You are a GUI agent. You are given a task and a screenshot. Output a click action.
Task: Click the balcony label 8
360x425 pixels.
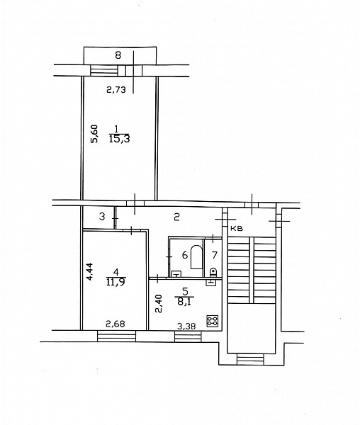118,55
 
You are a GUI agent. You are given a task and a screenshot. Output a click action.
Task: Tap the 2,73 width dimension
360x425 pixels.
116,90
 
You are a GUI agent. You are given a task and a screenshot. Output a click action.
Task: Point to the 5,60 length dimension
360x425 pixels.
94,134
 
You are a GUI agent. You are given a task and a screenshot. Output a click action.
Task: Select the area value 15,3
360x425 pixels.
119,139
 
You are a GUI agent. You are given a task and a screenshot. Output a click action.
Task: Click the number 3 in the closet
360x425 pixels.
102,217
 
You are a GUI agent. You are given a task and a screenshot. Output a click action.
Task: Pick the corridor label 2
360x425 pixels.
176,217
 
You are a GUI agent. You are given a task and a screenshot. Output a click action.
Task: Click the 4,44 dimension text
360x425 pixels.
91,271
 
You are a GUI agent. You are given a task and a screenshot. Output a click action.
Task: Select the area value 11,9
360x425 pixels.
116,282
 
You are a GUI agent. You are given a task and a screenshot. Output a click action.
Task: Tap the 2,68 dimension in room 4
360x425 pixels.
116,324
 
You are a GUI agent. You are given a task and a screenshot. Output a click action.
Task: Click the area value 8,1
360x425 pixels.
184,302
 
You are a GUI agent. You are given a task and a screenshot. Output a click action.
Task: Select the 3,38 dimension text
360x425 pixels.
186,327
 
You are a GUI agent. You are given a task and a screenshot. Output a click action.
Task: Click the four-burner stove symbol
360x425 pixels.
213,321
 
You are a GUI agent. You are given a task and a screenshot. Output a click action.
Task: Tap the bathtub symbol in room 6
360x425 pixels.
196,257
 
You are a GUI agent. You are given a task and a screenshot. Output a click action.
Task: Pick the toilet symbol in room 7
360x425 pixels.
213,273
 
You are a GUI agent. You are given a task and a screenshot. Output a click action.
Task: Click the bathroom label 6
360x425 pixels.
185,255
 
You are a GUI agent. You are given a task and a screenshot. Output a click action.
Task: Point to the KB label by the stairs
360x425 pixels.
237,229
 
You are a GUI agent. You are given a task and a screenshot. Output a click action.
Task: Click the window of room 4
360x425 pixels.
116,336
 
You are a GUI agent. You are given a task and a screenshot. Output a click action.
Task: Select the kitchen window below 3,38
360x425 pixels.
188,336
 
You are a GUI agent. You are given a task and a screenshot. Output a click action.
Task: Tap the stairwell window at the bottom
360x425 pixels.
250,359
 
